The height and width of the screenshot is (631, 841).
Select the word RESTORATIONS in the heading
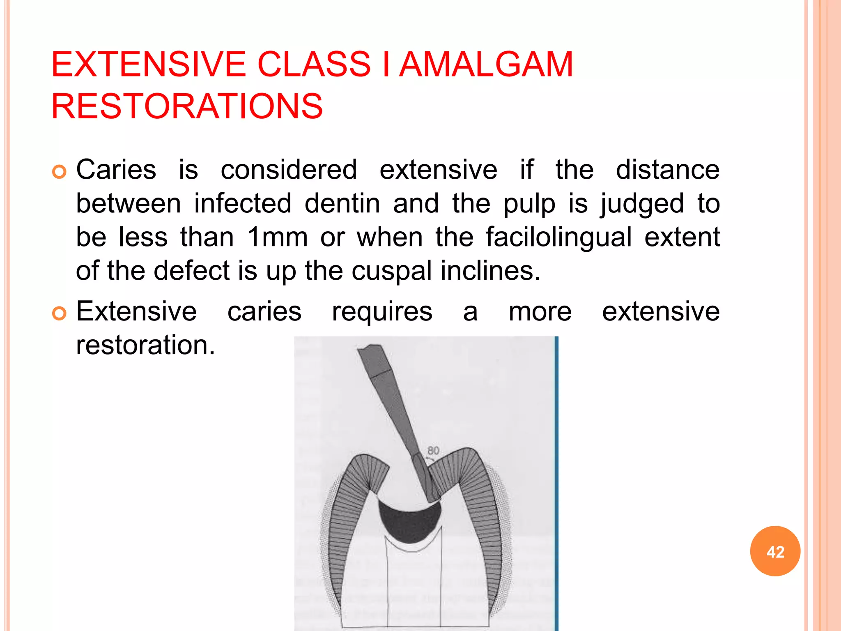[187, 106]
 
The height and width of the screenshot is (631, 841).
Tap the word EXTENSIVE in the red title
[148, 64]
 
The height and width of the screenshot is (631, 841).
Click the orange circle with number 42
[775, 551]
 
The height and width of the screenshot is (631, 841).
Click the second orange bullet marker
[59, 313]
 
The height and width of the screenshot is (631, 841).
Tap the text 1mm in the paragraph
[277, 237]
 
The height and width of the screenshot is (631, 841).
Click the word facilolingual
[558, 237]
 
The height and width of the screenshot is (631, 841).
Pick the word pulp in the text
[529, 203]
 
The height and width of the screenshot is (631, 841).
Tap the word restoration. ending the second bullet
[145, 345]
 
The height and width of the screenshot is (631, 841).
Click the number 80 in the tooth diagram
[433, 451]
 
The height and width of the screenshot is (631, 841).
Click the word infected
[242, 203]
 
